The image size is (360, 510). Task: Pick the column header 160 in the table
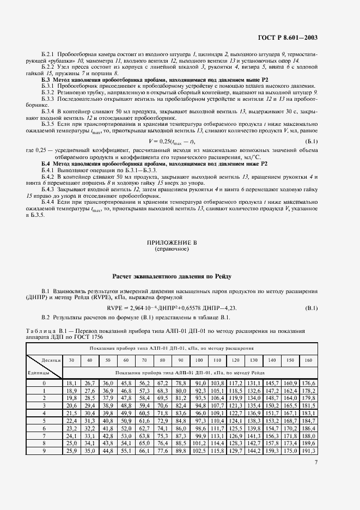[x=309, y=360]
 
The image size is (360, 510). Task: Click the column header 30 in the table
[x=71, y=360]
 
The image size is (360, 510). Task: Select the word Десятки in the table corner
[x=50, y=360]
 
